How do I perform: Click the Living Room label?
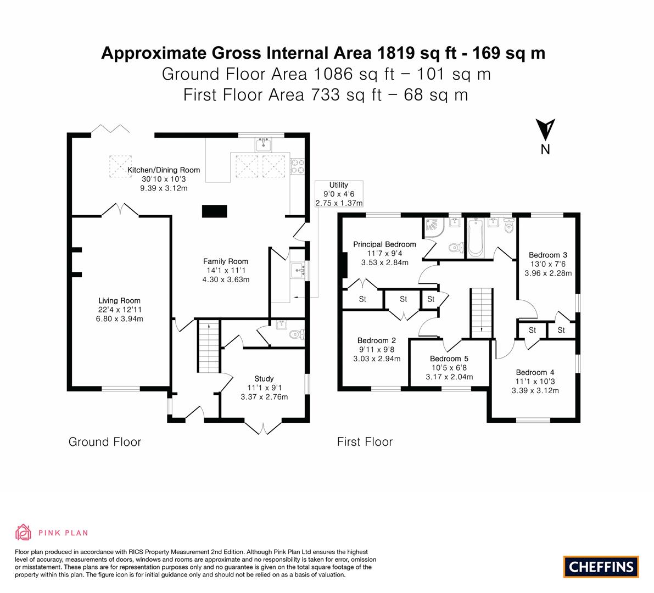click(x=119, y=301)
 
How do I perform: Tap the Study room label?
click(x=264, y=379)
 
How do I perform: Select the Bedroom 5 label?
click(x=449, y=359)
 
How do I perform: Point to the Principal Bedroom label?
click(x=384, y=244)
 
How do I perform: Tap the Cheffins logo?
click(x=601, y=567)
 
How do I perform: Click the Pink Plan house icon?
click(x=24, y=533)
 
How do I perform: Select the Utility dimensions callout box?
click(x=339, y=194)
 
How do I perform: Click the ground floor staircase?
click(x=209, y=346)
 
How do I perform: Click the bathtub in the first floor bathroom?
click(x=476, y=238)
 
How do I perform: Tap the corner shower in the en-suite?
click(x=434, y=228)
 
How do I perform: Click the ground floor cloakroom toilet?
click(x=298, y=334)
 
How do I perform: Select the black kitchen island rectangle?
click(x=215, y=211)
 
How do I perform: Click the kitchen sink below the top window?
click(x=264, y=144)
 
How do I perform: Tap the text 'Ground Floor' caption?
click(x=105, y=442)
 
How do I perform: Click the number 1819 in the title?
click(x=396, y=53)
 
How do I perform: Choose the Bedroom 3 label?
click(x=548, y=255)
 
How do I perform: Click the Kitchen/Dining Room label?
click(x=164, y=170)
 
